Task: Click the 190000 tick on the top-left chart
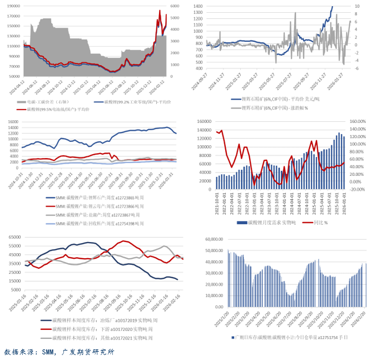[x=12, y=6]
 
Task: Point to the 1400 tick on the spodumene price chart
[x=197, y=6]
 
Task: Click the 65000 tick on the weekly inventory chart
[x=12, y=238]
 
